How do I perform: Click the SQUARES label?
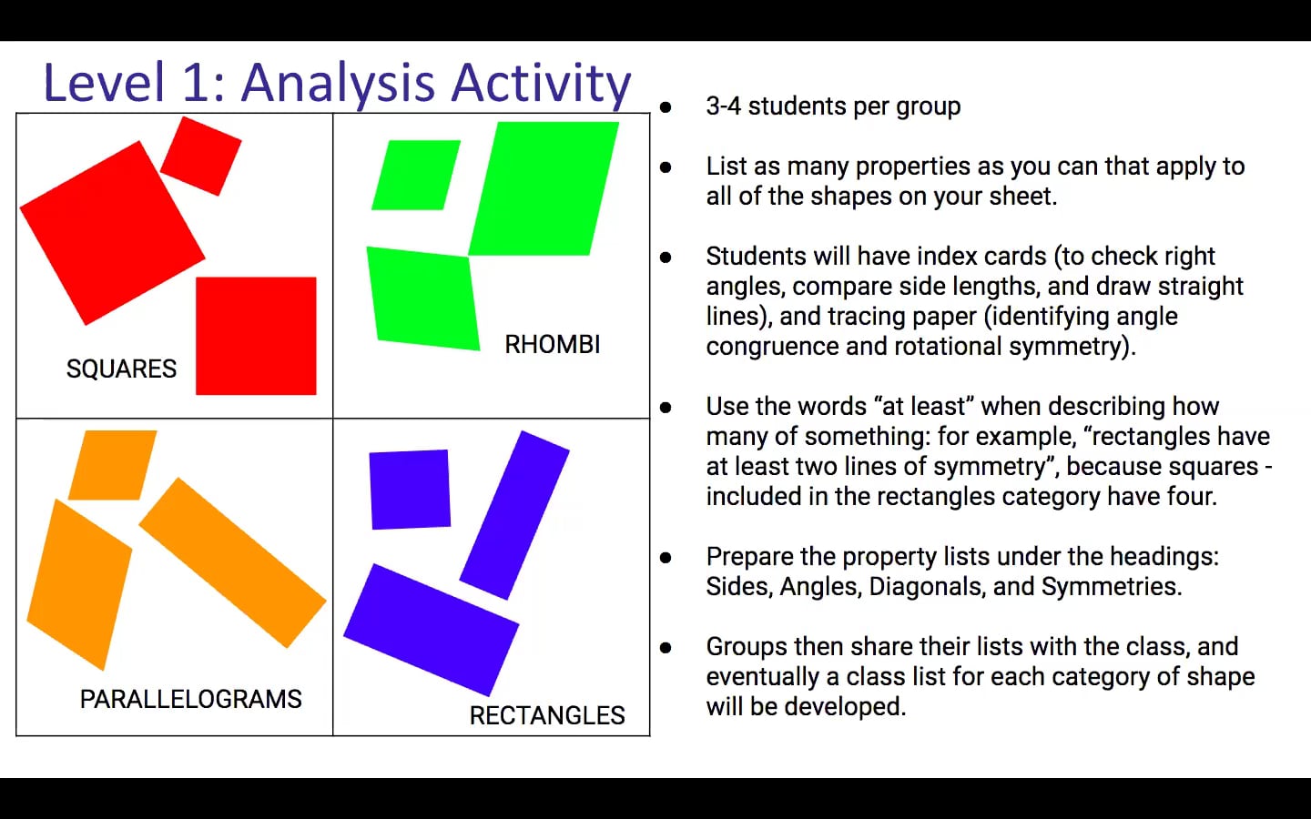(121, 369)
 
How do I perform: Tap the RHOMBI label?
(553, 345)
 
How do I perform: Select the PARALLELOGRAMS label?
(191, 699)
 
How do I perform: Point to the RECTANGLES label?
(547, 715)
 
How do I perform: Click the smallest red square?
(200, 156)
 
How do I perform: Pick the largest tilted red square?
(112, 233)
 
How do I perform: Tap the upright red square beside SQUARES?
(257, 336)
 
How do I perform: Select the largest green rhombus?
(544, 188)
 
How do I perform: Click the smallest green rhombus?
(416, 175)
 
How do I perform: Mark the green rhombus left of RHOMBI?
(423, 298)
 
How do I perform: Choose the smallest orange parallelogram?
(113, 465)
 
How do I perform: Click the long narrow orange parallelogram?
(232, 562)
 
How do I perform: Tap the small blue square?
(410, 490)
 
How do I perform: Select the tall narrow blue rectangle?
(514, 515)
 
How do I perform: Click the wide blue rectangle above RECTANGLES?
(432, 630)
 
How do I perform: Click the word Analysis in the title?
(339, 83)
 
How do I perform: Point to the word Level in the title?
(104, 83)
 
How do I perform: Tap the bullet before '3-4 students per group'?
(666, 107)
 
